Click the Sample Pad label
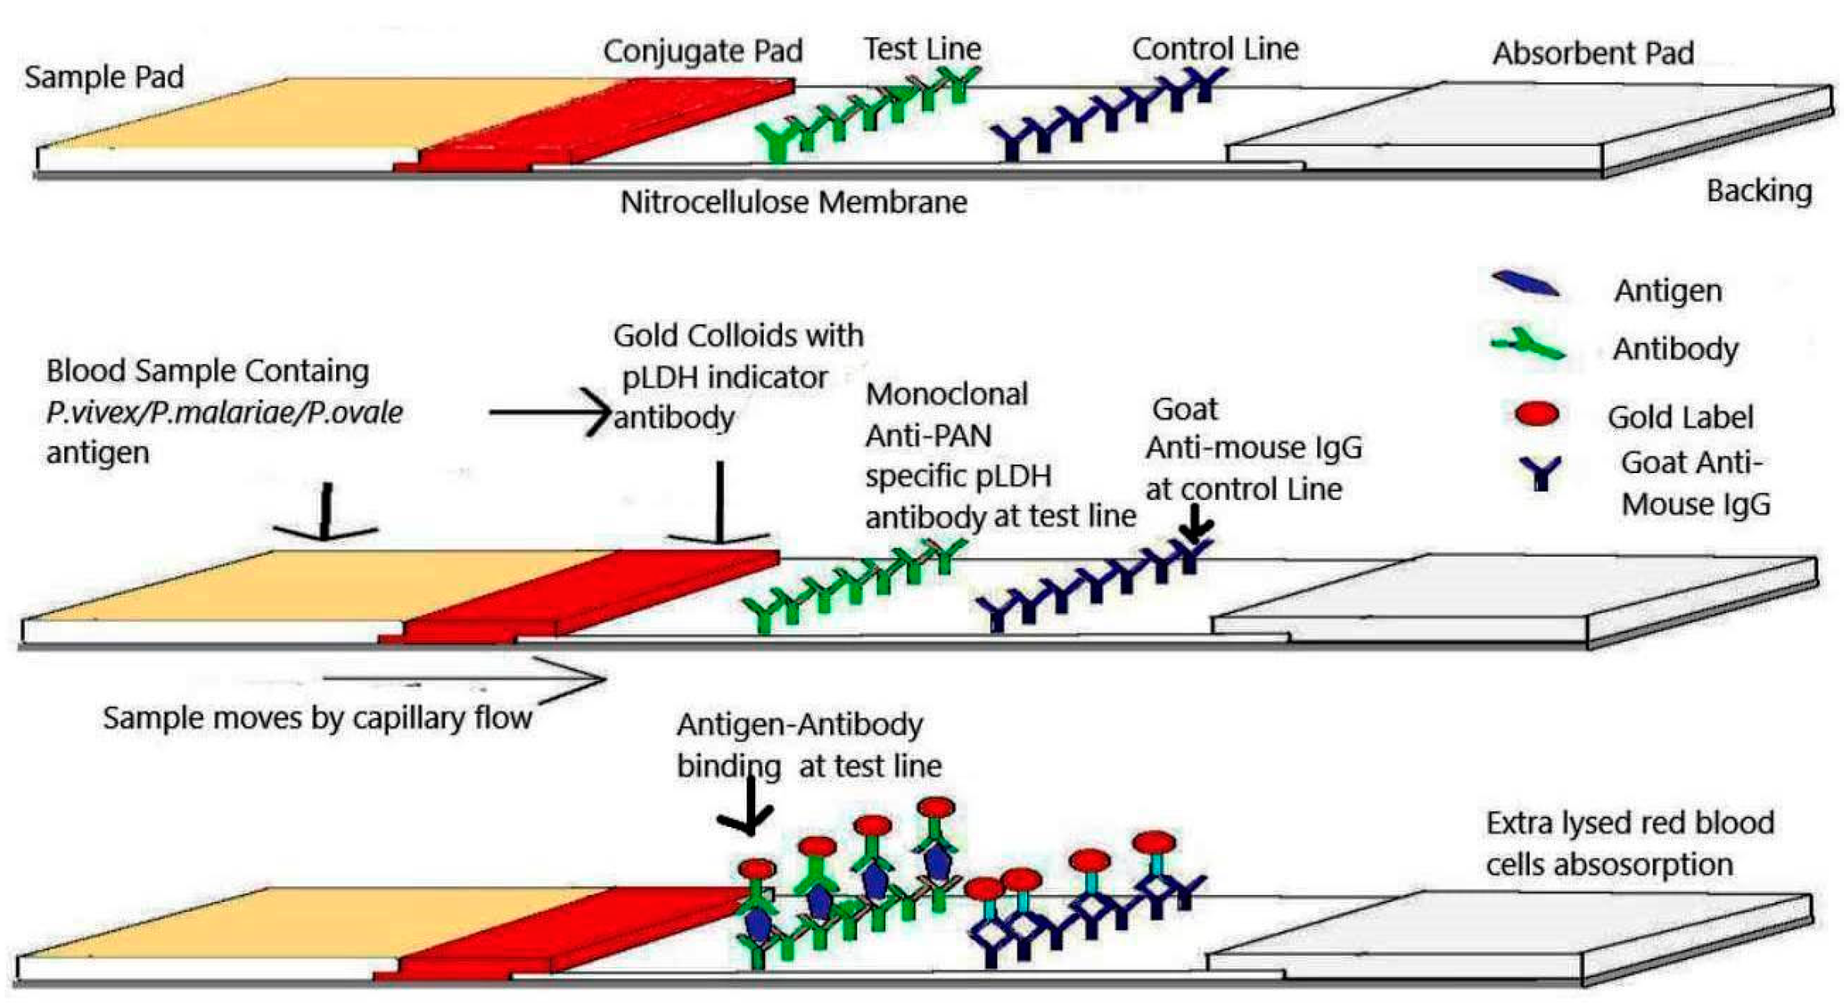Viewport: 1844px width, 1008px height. click(104, 77)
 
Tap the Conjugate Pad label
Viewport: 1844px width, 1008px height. click(702, 51)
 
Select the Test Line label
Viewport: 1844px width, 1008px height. click(922, 49)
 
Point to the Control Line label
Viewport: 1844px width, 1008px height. click(1214, 49)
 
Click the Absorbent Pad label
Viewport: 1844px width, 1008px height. click(1593, 53)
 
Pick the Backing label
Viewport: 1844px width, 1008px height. click(1759, 190)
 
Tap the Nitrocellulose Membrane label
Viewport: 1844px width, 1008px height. click(793, 202)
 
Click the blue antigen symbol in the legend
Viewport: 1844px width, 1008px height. click(1525, 284)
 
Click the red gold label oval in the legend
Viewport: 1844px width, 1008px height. click(1537, 414)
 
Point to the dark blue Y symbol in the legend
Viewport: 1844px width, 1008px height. click(1540, 471)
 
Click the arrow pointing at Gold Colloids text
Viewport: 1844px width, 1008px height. click(550, 412)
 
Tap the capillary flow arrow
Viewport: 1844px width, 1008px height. click(465, 679)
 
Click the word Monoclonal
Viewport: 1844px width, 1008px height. click(946, 394)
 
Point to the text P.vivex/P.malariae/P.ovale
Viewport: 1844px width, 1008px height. click(224, 412)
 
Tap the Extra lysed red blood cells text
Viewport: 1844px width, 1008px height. click(1629, 844)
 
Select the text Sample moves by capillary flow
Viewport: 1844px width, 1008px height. click(318, 718)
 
